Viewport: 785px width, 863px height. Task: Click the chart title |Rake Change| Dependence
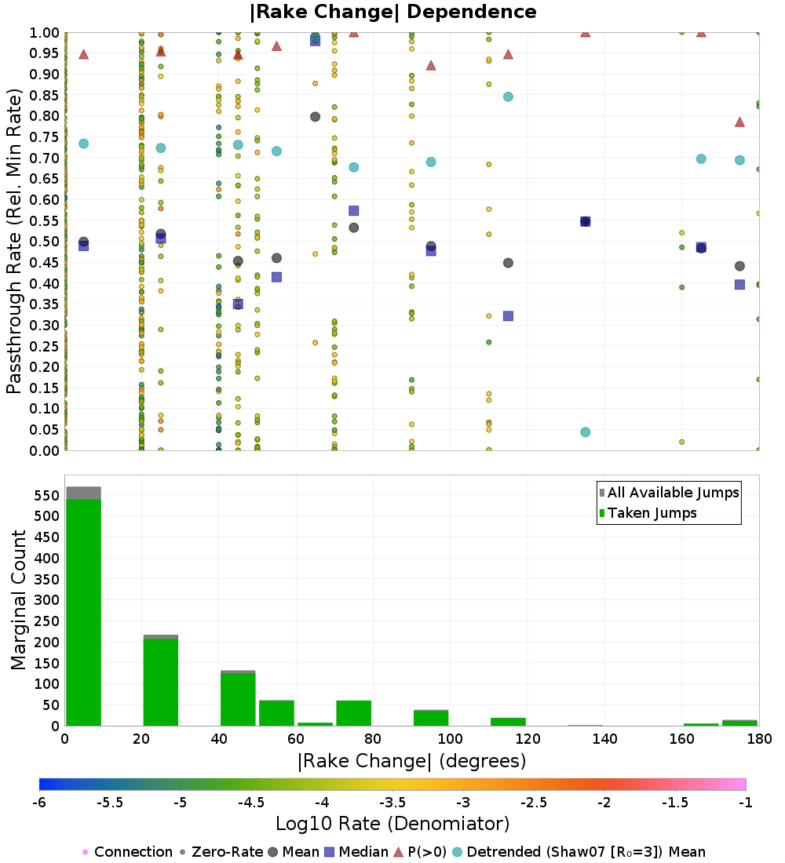[x=393, y=12]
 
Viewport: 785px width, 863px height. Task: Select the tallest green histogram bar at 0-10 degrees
[x=83, y=612]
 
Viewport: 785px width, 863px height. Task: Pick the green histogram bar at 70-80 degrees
[x=353, y=713]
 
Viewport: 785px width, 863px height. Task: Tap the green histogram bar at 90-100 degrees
[x=430, y=718]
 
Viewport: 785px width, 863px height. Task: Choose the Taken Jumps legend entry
[x=652, y=513]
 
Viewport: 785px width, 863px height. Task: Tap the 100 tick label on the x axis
[x=450, y=739]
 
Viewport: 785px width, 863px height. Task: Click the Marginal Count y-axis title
[x=19, y=600]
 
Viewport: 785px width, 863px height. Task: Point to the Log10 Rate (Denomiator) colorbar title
[x=392, y=824]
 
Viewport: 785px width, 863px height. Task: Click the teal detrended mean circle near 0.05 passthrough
[x=585, y=432]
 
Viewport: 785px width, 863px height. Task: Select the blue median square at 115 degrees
[x=508, y=316]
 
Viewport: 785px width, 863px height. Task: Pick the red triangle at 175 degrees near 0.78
[x=739, y=122]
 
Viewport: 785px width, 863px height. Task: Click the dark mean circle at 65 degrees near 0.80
[x=315, y=117]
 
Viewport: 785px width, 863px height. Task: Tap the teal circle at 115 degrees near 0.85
[x=508, y=96]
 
